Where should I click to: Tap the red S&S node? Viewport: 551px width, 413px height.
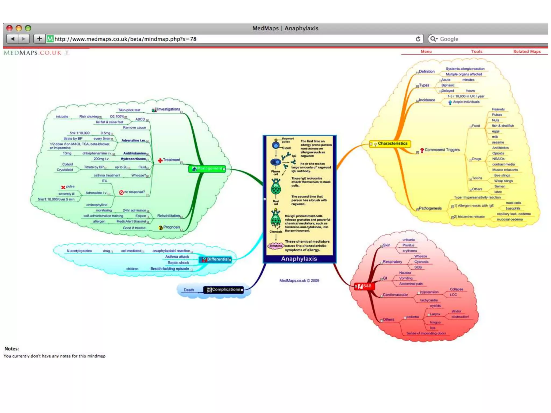coord(365,286)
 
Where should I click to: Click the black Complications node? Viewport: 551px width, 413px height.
coord(224,290)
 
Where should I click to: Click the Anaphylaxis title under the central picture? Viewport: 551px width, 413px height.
coord(299,259)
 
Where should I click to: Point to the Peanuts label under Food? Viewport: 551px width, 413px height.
coord(498,109)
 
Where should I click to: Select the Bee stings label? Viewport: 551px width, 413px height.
coord(502,175)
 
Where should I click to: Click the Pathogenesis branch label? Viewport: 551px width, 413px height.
coord(430,208)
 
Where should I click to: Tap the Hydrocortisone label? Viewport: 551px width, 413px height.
coord(133,159)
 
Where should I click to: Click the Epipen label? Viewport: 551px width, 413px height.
coord(140,216)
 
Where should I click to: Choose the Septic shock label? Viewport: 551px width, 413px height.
coord(178,263)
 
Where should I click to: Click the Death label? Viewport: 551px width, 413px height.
coord(189,290)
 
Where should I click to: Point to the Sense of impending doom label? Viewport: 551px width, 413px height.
coord(426,333)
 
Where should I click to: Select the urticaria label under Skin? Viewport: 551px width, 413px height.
coord(408,240)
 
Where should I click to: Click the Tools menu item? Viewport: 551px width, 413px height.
coord(476,51)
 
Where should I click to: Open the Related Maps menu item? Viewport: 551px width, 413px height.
coord(527,51)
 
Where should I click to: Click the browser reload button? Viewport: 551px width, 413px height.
coord(418,39)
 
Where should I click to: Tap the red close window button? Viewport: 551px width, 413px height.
coord(9,28)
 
